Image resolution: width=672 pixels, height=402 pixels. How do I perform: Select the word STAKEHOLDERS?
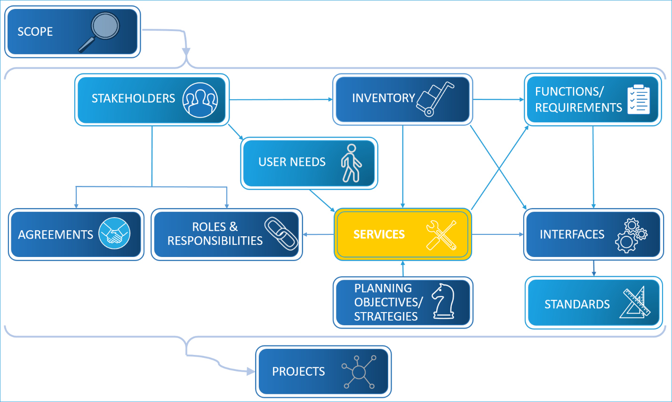tap(133, 98)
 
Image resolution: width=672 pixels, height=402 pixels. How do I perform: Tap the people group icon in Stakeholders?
tap(200, 100)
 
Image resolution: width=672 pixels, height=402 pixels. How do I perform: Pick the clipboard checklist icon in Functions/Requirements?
tap(639, 99)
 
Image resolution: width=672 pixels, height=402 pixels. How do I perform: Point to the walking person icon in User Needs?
tap(351, 163)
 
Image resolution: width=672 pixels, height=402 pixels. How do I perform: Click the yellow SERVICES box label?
tap(379, 234)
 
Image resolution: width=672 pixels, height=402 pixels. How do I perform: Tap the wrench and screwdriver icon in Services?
tap(441, 234)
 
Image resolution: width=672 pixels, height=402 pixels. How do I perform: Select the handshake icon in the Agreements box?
tap(114, 233)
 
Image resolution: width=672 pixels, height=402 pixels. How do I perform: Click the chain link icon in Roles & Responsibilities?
tap(281, 233)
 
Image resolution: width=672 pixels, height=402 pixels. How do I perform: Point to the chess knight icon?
tap(443, 301)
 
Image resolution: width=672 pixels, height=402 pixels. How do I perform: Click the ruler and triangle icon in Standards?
tap(636, 303)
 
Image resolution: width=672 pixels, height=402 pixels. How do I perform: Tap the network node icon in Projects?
tap(359, 372)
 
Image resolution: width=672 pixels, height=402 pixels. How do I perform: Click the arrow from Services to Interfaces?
tap(497, 234)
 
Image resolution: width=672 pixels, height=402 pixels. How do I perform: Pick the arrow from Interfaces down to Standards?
tap(593, 268)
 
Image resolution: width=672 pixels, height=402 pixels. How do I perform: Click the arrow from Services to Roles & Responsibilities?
tap(318, 234)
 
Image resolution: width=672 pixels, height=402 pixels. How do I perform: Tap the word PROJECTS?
tap(298, 372)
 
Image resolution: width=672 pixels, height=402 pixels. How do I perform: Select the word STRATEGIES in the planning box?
tap(385, 317)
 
